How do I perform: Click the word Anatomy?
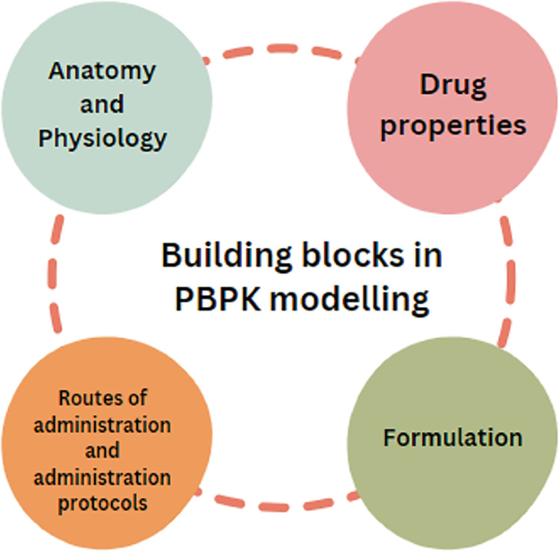click(x=102, y=72)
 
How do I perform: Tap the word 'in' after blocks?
click(x=428, y=256)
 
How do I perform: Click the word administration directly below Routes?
click(x=103, y=425)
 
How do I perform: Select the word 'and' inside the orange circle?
click(x=103, y=451)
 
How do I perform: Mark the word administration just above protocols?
click(x=103, y=477)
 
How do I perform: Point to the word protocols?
click(x=103, y=503)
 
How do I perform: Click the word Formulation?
click(x=452, y=438)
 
